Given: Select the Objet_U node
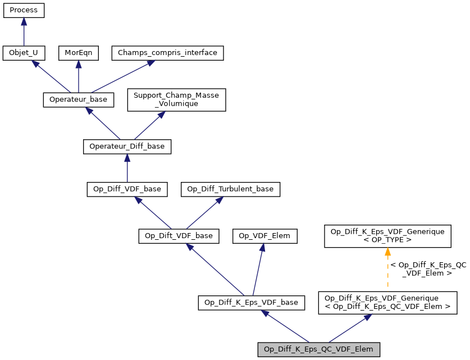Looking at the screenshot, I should (24, 53).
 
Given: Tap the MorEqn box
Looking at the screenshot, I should (79, 53).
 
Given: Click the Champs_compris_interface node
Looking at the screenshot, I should (168, 53).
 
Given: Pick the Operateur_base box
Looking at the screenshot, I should (79, 99).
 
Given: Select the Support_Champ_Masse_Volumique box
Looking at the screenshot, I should (176, 99).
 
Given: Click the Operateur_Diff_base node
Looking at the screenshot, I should (127, 147).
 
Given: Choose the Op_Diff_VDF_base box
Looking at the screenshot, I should (127, 189).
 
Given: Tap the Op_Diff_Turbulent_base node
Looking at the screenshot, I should (230, 189).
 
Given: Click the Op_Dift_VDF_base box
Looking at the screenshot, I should (179, 236).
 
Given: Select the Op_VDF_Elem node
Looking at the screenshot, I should (264, 236).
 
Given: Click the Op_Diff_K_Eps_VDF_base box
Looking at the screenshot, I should (251, 303).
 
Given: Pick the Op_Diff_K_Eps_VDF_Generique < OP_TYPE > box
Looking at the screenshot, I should (387, 236).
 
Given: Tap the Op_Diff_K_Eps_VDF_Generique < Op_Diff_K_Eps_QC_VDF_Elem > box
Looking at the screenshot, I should (387, 303).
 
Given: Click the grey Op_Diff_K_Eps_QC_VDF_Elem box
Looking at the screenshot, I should (319, 349).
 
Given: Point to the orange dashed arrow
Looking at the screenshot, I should (387, 269).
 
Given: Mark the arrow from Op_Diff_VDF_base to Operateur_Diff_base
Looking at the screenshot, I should (127, 168).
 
